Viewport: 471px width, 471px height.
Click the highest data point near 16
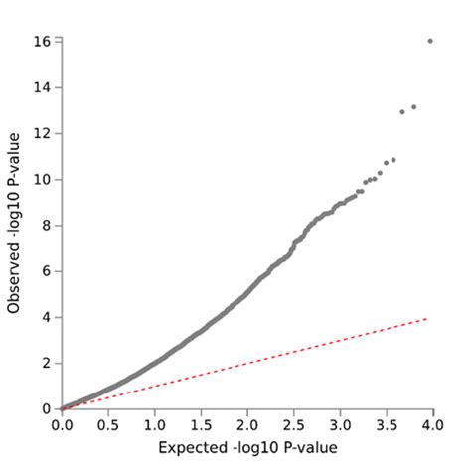coord(430,41)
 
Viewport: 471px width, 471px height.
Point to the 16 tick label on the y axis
coord(42,42)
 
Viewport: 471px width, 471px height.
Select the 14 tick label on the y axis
coord(42,87)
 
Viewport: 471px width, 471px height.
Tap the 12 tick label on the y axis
coord(42,133)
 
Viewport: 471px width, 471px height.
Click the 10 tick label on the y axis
coord(42,180)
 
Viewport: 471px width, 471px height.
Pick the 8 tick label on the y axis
coord(46,226)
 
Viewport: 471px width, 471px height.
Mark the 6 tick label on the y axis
coord(46,271)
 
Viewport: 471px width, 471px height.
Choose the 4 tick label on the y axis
coord(46,317)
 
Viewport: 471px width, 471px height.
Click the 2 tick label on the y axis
coord(46,364)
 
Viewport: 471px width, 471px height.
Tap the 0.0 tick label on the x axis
coord(62,426)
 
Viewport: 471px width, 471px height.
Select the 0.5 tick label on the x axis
coord(108,426)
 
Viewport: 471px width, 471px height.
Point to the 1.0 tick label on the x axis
coord(154,426)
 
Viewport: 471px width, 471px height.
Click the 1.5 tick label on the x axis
coord(201,426)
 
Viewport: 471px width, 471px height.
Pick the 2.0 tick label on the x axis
coord(246,426)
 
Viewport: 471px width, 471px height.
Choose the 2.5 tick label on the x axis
coord(293,426)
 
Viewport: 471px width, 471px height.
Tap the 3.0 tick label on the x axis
coord(339,426)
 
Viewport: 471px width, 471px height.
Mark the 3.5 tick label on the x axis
coord(386,426)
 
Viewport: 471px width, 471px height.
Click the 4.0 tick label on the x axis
coord(431,426)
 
